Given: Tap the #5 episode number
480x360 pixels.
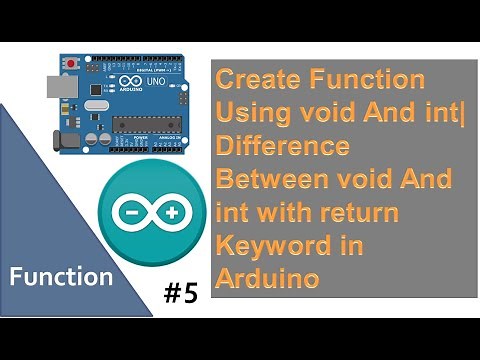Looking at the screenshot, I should tap(183, 294).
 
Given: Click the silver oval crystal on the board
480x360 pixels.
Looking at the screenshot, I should tap(94, 104).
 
